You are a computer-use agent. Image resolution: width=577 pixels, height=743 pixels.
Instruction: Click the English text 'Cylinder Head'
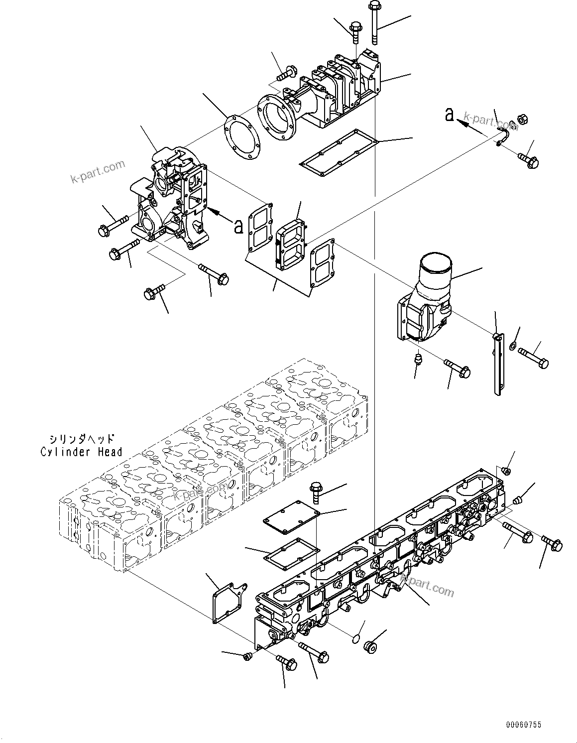click(x=81, y=452)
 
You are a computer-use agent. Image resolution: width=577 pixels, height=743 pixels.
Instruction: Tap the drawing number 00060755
click(x=524, y=725)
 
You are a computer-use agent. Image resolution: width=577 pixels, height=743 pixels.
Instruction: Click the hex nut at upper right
click(x=523, y=120)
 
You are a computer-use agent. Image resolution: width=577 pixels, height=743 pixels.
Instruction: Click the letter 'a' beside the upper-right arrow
click(x=450, y=116)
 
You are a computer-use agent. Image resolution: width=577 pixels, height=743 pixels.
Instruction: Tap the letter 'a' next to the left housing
click(x=238, y=227)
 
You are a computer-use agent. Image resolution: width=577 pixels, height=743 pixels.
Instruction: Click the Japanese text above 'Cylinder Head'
click(x=82, y=439)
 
